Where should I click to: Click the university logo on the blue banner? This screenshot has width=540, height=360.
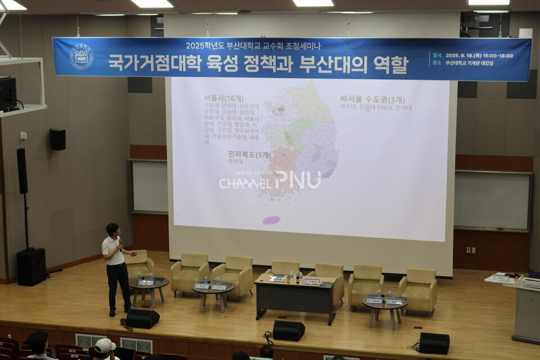pos(81,57)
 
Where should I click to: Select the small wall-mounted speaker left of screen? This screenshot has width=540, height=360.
pos(57,139)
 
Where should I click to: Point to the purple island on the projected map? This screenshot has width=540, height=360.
pos(271,220)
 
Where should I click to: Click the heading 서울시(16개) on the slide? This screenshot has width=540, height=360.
pos(223,98)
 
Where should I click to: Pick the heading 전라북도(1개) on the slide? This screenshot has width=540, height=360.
pos(249,154)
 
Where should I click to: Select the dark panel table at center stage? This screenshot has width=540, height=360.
pos(295,299)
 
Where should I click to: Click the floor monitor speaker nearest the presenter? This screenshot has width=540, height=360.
pos(142,318)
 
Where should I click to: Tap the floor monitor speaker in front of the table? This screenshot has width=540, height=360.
pos(289,331)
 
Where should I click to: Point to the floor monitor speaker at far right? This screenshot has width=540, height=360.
pos(434,343)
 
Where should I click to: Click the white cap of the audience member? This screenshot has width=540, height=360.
pos(105,345)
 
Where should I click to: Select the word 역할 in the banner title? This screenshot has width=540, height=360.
pos(390,65)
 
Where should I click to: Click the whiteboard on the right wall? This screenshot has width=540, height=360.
pos(492,201)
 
